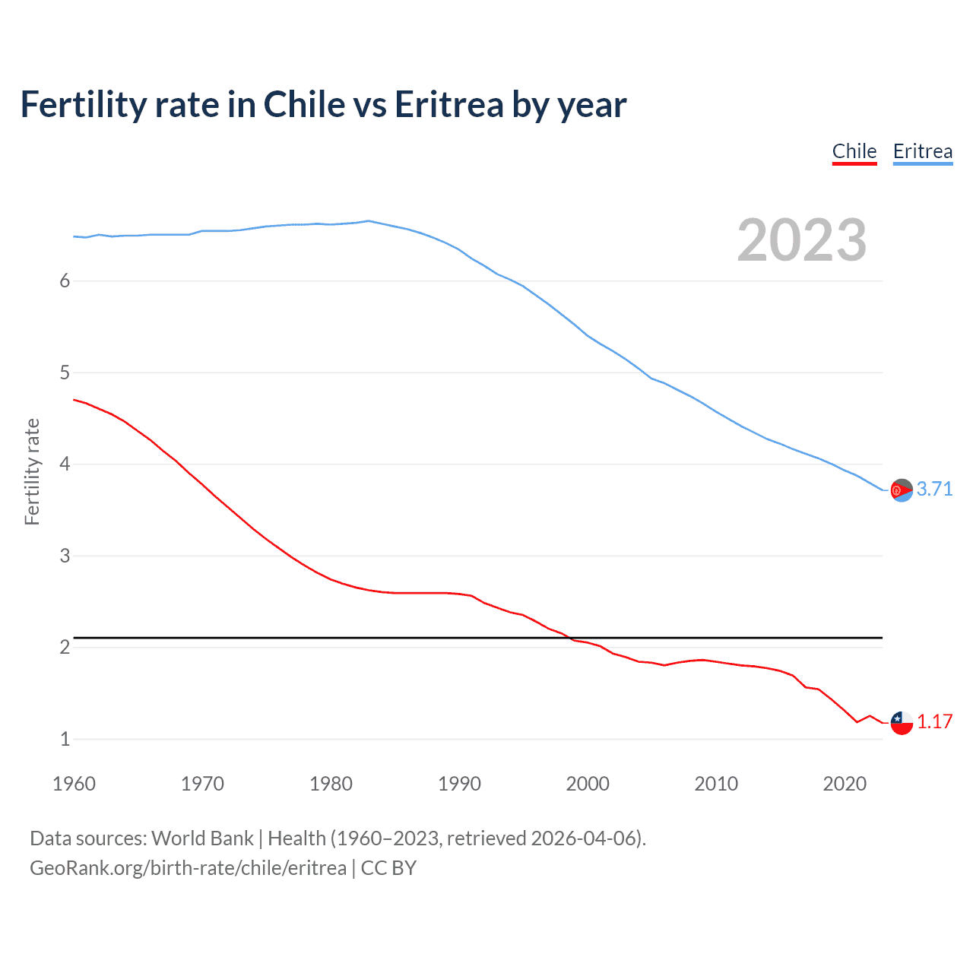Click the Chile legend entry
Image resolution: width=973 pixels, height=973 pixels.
click(x=854, y=151)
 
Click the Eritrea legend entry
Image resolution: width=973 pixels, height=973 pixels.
click(x=922, y=151)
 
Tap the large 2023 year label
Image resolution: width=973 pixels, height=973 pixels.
click(x=801, y=240)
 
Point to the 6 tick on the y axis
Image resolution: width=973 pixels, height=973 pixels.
click(x=65, y=280)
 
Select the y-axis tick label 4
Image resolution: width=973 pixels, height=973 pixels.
click(x=65, y=464)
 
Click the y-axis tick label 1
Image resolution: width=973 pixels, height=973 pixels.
click(x=65, y=739)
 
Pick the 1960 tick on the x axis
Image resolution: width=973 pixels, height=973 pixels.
click(x=74, y=784)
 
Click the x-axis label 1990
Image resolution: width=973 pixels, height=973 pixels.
click(x=459, y=784)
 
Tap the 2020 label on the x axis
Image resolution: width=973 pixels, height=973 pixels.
click(x=845, y=784)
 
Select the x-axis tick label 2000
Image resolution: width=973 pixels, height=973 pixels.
click(x=588, y=784)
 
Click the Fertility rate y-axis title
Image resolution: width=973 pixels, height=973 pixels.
click(x=32, y=471)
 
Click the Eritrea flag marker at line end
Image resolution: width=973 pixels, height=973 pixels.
click(x=902, y=490)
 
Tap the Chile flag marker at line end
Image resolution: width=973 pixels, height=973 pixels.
click(x=902, y=723)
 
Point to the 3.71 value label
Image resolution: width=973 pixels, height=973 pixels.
click(x=934, y=489)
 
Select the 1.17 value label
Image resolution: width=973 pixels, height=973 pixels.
click(x=934, y=721)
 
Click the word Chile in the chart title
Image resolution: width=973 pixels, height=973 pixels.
click(x=303, y=104)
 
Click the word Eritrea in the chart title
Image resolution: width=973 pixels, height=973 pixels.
click(x=448, y=104)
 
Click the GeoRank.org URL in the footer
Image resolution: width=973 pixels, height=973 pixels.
click(x=188, y=868)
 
